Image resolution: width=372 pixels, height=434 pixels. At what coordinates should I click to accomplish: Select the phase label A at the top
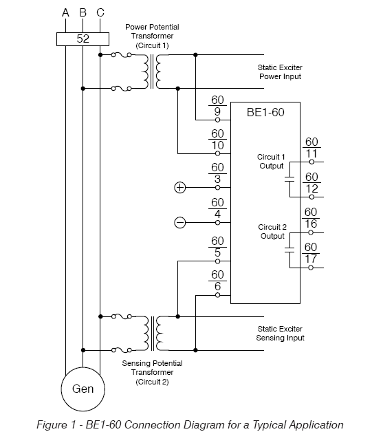point(65,13)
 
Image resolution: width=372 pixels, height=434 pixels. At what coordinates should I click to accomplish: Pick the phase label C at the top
point(100,13)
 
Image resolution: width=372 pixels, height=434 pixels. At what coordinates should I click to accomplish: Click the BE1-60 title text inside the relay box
point(265,112)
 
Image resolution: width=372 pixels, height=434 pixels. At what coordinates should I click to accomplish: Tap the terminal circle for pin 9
point(217,120)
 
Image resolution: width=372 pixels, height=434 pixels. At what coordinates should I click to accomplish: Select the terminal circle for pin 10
point(217,153)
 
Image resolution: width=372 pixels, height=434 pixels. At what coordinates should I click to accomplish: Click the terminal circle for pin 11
point(311,162)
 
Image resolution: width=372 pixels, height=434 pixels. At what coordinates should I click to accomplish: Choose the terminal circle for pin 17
point(311,268)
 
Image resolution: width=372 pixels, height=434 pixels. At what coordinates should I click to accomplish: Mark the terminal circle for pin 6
point(217,295)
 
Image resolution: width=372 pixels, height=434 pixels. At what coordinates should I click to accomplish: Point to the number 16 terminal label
point(311,224)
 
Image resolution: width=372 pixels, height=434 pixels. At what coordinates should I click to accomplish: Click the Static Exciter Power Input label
point(280,72)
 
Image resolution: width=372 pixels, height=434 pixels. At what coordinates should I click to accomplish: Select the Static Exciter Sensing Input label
point(280,334)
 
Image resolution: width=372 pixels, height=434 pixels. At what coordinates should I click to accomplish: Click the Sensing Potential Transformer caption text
point(152,372)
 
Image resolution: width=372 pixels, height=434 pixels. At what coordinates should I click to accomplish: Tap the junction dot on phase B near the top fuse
point(83,89)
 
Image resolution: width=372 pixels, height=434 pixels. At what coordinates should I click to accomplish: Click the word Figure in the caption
point(52,424)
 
